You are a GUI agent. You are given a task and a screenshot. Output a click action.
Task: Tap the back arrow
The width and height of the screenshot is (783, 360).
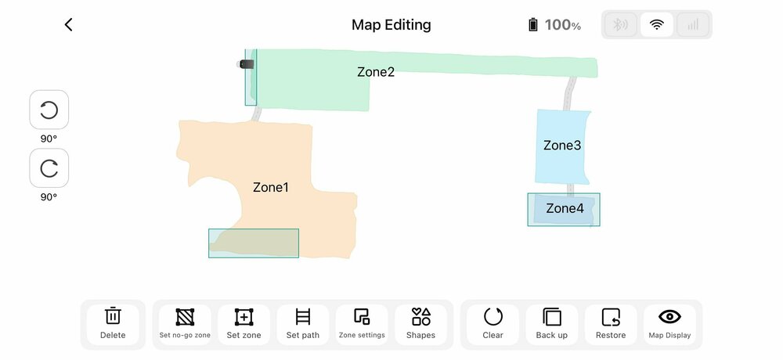(68, 24)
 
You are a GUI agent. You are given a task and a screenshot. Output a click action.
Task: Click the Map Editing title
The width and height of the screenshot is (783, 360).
(391, 25)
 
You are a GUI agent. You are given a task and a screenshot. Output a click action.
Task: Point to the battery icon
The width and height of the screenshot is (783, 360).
(532, 24)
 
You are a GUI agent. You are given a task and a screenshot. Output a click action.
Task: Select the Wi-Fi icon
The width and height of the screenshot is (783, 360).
(657, 24)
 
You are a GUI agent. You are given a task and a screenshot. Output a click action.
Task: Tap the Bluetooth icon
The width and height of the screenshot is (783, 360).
(620, 24)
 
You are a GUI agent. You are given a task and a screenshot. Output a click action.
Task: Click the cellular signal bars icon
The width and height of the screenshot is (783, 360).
(693, 24)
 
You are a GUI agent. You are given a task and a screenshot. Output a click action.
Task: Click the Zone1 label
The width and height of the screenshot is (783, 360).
(271, 187)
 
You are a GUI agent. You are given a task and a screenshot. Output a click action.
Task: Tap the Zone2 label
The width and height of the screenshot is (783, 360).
(376, 72)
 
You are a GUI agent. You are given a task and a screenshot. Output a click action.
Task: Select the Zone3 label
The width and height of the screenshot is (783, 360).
(562, 146)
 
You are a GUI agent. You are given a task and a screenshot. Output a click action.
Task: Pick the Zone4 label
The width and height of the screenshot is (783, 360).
(565, 208)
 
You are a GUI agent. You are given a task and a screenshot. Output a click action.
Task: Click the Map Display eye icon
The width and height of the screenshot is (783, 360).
(669, 316)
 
